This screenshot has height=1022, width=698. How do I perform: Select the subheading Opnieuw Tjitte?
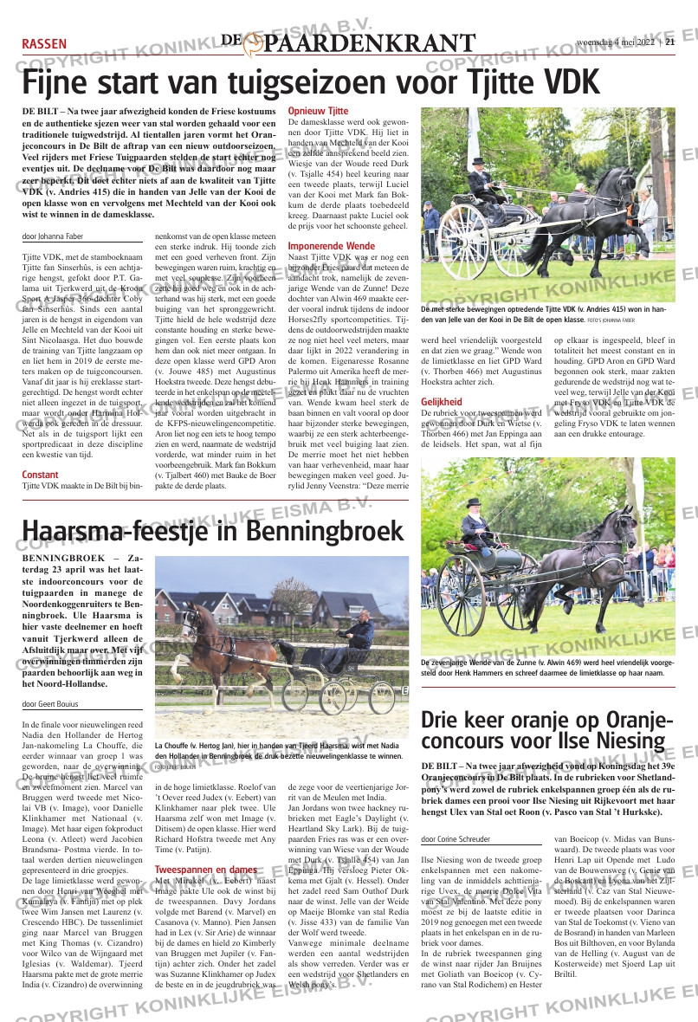[318, 112]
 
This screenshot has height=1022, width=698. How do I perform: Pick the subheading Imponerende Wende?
[331, 247]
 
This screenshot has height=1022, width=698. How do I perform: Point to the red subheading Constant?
[40, 475]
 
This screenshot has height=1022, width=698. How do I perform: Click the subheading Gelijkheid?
[442, 402]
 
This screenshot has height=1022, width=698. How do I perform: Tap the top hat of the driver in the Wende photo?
[473, 501]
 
